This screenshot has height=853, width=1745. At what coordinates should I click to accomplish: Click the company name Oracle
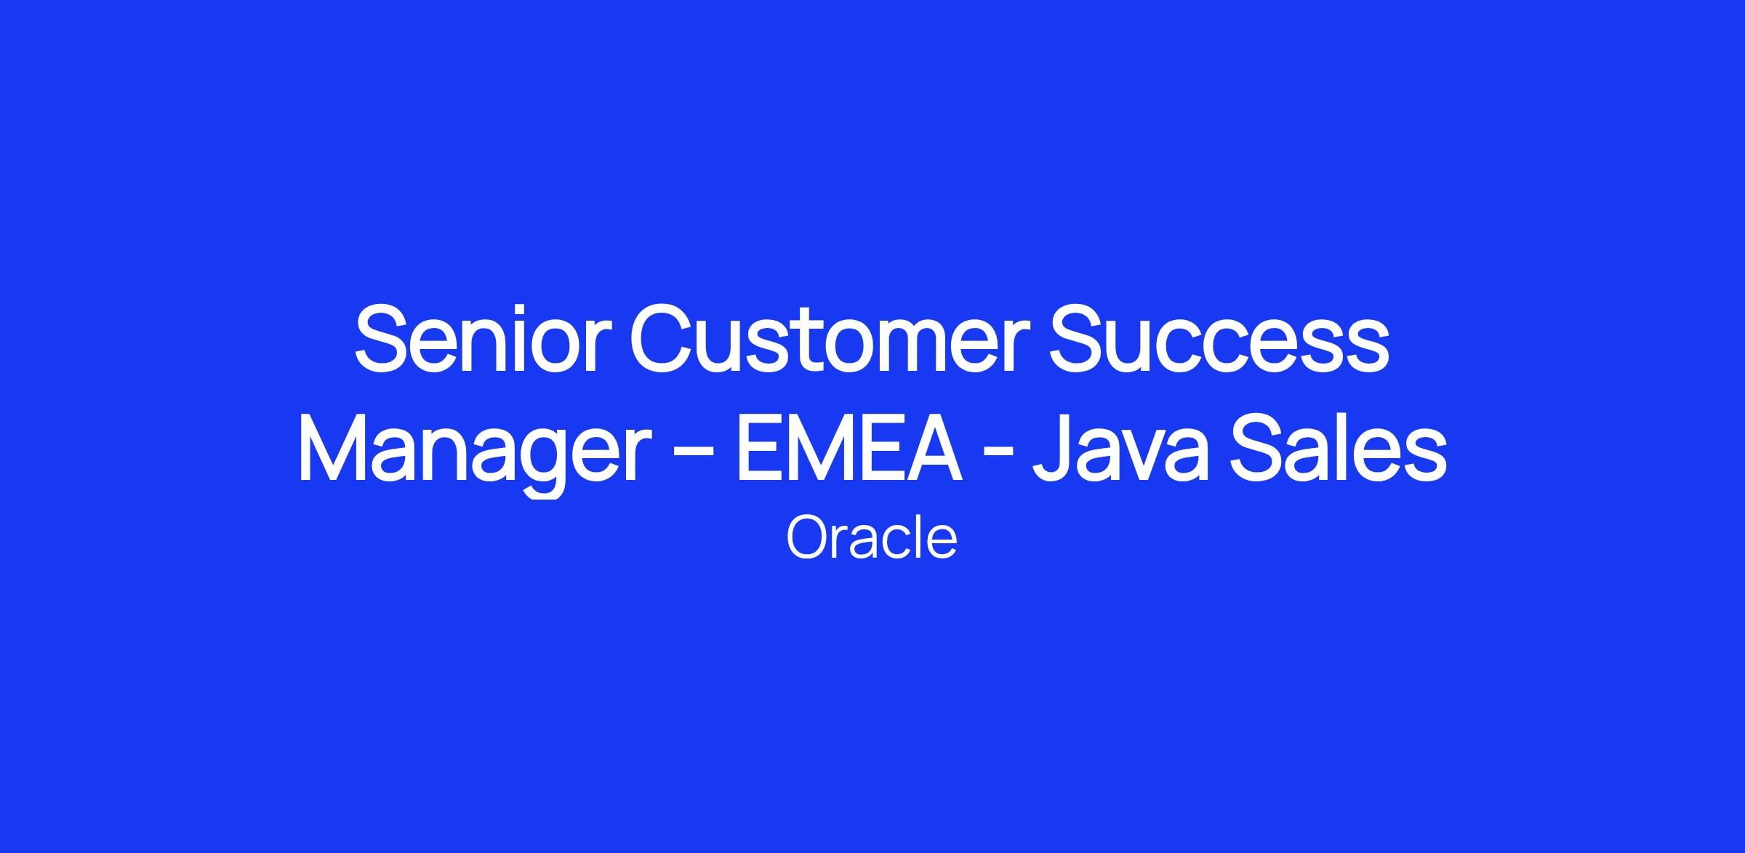(871, 538)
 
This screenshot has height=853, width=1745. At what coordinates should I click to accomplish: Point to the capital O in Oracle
(809, 538)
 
